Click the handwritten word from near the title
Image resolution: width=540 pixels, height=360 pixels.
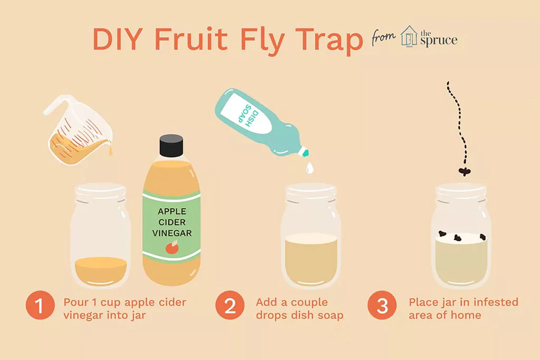pyautogui.click(x=384, y=38)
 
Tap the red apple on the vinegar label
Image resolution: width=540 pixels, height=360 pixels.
pyautogui.click(x=171, y=247)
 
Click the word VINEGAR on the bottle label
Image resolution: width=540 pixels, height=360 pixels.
pyautogui.click(x=171, y=232)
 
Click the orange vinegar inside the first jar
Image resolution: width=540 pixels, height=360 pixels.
pyautogui.click(x=100, y=269)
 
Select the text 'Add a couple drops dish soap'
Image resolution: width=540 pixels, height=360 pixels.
pyautogui.click(x=300, y=309)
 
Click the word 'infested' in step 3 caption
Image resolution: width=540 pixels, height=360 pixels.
pyautogui.click(x=495, y=303)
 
